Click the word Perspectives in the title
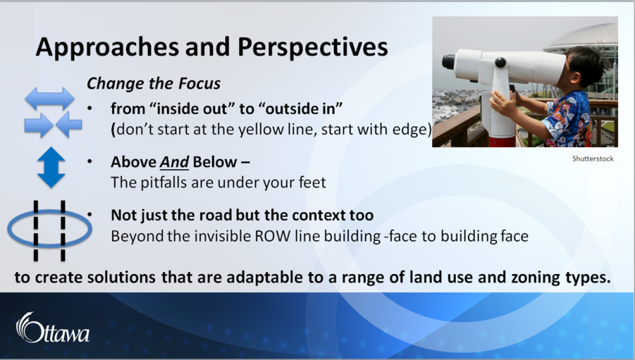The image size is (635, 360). coord(312,47)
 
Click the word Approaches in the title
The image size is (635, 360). coord(107,48)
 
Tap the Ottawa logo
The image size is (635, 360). coord(53,328)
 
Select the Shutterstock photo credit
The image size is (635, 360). coord(593,159)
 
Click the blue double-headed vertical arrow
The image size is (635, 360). coord(51,167)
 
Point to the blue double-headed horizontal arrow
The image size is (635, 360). coord(49,98)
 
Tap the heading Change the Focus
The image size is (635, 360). coord(154,83)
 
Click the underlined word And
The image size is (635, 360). coord(174,162)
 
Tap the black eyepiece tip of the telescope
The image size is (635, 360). coord(448,62)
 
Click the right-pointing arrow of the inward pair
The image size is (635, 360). coord(38,124)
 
